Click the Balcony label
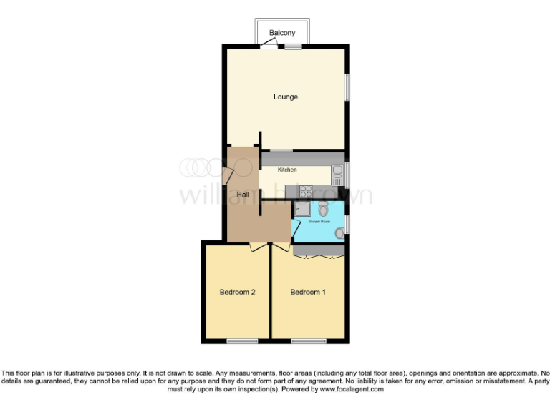(x=281, y=34)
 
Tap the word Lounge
(x=285, y=97)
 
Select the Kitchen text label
(x=287, y=170)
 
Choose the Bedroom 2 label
(x=237, y=292)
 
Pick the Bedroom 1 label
(x=308, y=292)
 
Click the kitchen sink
(x=337, y=172)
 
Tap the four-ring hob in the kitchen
(x=304, y=192)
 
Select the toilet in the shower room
(x=323, y=209)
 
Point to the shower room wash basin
(x=339, y=231)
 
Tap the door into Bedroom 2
(x=258, y=247)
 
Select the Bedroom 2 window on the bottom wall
(x=241, y=342)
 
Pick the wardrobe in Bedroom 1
(x=319, y=250)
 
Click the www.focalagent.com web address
(x=347, y=390)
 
